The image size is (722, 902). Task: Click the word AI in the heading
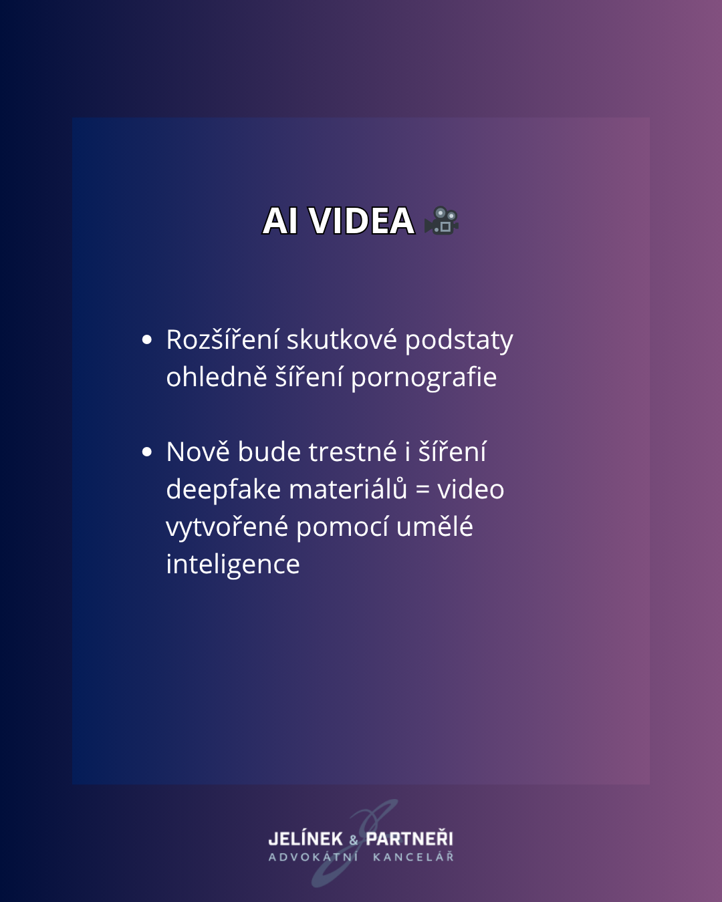pyautogui.click(x=280, y=220)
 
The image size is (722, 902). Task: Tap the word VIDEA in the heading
pyautogui.click(x=362, y=220)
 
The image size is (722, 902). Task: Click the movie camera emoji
pyautogui.click(x=441, y=220)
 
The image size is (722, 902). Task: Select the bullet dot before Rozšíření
pyautogui.click(x=147, y=339)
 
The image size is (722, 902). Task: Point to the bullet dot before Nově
pyautogui.click(x=147, y=452)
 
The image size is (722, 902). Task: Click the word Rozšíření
pyautogui.click(x=223, y=339)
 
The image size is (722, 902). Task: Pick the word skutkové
pyautogui.click(x=342, y=339)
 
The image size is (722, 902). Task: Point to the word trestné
pyautogui.click(x=353, y=452)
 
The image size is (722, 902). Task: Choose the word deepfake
pyautogui.click(x=223, y=490)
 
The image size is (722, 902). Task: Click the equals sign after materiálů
pyautogui.click(x=423, y=490)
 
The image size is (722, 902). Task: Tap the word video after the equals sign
pyautogui.click(x=471, y=488)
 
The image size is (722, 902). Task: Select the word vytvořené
pyautogui.click(x=227, y=527)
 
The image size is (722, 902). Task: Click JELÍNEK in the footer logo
pyautogui.click(x=306, y=839)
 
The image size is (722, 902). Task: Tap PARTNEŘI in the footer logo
pyautogui.click(x=409, y=839)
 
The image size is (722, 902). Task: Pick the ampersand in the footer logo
pyautogui.click(x=354, y=840)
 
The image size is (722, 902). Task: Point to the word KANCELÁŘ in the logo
pyautogui.click(x=413, y=857)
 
